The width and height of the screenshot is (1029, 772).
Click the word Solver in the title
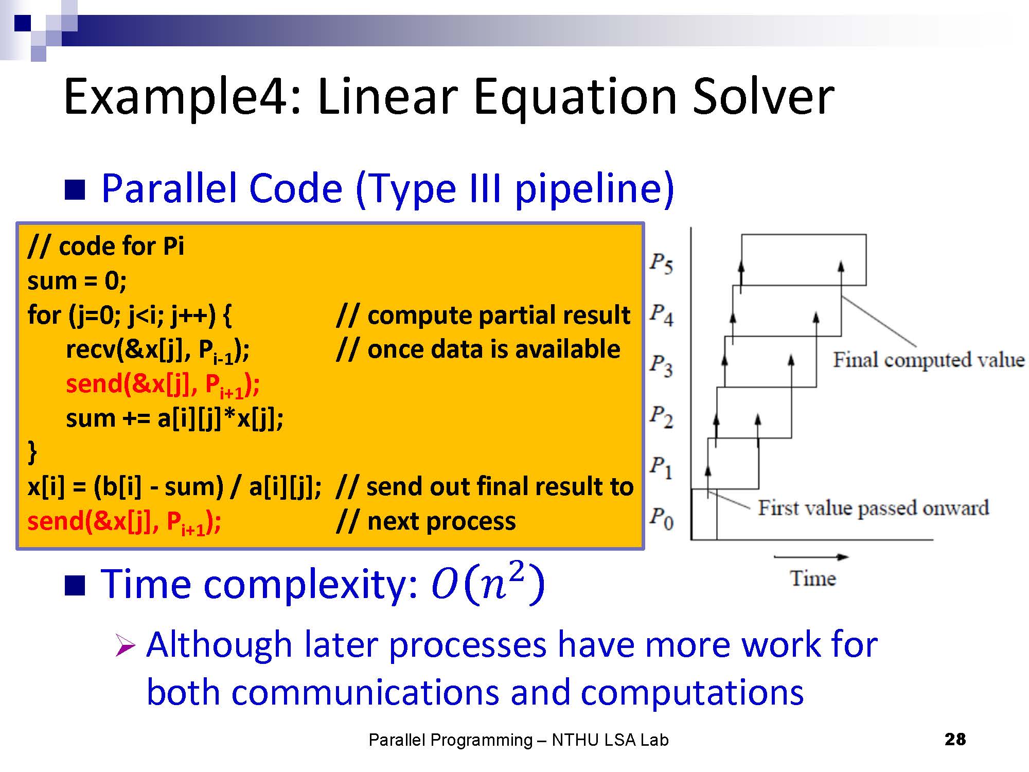pos(763,97)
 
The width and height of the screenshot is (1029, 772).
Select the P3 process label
pos(661,365)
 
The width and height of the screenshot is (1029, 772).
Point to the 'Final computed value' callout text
pos(929,360)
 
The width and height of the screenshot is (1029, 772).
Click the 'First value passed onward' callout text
pos(873,507)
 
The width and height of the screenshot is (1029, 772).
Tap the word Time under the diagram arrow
pos(813,578)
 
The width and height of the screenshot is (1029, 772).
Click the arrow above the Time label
pos(811,557)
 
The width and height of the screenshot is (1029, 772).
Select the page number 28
pos(955,739)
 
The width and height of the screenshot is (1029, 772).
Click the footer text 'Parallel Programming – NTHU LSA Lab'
pos(519,740)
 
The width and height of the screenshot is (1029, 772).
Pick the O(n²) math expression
pos(488,583)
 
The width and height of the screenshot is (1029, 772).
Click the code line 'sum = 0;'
pos(77,281)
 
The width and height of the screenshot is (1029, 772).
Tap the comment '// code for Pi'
pos(106,246)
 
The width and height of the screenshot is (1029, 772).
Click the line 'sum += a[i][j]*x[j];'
pos(174,418)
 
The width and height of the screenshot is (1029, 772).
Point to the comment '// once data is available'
pos(478,349)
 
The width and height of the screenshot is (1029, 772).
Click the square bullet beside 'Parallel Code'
pos(75,189)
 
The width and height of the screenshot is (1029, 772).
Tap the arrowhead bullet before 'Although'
pos(125,645)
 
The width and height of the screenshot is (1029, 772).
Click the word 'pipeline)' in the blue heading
pos(594,189)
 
